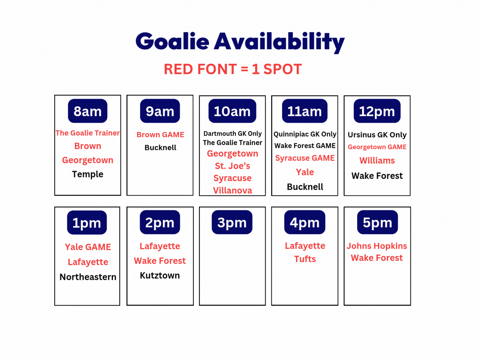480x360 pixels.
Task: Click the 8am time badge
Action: [88, 111]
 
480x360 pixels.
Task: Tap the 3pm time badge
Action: [232, 222]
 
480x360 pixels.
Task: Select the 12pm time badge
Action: [377, 111]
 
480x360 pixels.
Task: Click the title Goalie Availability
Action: [240, 42]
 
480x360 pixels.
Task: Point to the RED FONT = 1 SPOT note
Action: [233, 69]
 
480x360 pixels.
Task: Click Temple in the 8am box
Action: [88, 174]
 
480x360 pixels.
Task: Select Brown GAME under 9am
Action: [160, 134]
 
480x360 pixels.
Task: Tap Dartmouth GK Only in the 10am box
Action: [232, 133]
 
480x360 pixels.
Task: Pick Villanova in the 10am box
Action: [232, 190]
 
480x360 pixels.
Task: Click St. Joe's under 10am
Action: [232, 166]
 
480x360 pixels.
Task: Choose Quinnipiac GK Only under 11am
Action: [305, 134]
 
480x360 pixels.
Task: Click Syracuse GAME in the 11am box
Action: [305, 158]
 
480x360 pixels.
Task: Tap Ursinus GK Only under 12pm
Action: [377, 135]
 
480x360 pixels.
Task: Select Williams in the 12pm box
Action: [377, 161]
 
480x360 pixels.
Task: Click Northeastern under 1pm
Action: [88, 277]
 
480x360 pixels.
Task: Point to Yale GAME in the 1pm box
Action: [88, 247]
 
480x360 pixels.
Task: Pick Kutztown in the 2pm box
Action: [160, 275]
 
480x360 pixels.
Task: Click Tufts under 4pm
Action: [305, 259]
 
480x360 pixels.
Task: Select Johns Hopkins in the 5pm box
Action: [377, 246]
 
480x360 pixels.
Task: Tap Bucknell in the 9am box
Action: [160, 148]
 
